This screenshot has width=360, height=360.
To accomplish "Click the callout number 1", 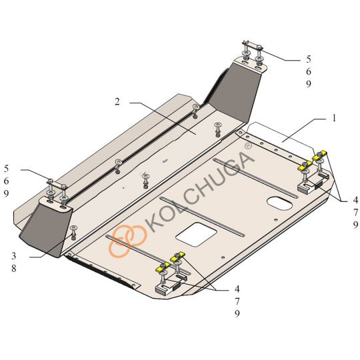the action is tap(334, 118).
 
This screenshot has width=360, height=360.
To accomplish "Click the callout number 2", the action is tap(117, 102).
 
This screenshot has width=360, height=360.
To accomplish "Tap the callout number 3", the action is tap(14, 255).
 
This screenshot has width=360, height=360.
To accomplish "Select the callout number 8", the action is tap(14, 268).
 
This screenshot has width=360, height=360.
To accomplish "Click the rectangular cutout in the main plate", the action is tap(196, 235).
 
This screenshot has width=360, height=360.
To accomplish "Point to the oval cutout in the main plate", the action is tap(279, 204).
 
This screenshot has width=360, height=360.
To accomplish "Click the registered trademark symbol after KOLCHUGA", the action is tap(248, 146).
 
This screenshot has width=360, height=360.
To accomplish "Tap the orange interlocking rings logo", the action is tap(127, 240).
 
